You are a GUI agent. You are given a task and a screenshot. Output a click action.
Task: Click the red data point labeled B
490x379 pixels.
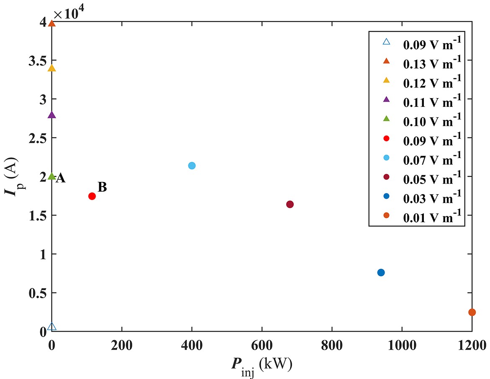(x=92, y=196)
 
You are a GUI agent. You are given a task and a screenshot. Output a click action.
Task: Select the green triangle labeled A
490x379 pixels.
(x=51, y=177)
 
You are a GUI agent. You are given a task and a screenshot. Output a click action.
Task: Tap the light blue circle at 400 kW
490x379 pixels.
(x=192, y=166)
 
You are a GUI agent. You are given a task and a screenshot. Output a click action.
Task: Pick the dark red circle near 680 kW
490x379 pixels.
(x=290, y=204)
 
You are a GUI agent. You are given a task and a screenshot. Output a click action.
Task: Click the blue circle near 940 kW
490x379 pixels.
(x=381, y=273)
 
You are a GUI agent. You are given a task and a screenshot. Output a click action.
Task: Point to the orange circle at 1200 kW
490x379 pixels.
(x=472, y=312)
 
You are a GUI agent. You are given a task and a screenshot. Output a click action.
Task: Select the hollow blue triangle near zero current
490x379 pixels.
(x=52, y=327)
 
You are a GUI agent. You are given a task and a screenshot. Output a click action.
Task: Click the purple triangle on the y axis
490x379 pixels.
(x=51, y=115)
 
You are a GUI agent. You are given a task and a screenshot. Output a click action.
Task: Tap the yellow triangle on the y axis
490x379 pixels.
(x=51, y=68)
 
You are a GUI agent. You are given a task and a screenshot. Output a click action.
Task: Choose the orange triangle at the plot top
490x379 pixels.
(x=51, y=23)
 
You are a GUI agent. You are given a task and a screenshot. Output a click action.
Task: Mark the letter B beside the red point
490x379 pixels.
(x=102, y=187)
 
